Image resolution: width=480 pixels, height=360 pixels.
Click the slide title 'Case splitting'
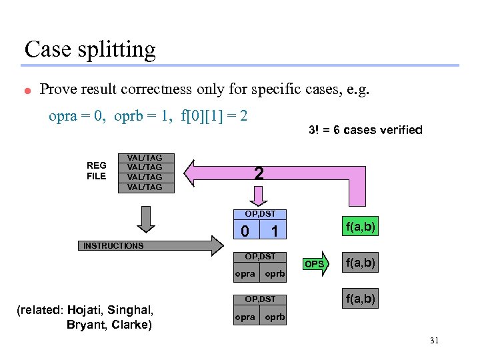click(x=90, y=49)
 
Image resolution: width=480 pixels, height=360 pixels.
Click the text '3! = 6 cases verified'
click(x=365, y=130)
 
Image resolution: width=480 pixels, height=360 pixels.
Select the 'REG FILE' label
click(x=96, y=171)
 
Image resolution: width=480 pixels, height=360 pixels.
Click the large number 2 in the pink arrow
click(x=259, y=174)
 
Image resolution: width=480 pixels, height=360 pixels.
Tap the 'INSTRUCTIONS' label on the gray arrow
click(x=113, y=246)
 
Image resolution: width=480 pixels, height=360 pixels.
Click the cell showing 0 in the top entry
click(x=245, y=231)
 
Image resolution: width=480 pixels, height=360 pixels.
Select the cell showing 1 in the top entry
click(x=274, y=231)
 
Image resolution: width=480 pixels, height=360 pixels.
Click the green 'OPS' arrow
click(x=315, y=264)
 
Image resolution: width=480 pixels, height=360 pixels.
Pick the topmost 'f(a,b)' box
click(x=359, y=227)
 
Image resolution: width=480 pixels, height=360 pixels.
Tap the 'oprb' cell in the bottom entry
click(x=275, y=317)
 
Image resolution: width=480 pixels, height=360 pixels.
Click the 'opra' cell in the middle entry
click(x=245, y=274)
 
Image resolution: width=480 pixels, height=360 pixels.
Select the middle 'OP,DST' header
click(x=259, y=256)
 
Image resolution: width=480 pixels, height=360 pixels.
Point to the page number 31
click(x=434, y=341)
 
